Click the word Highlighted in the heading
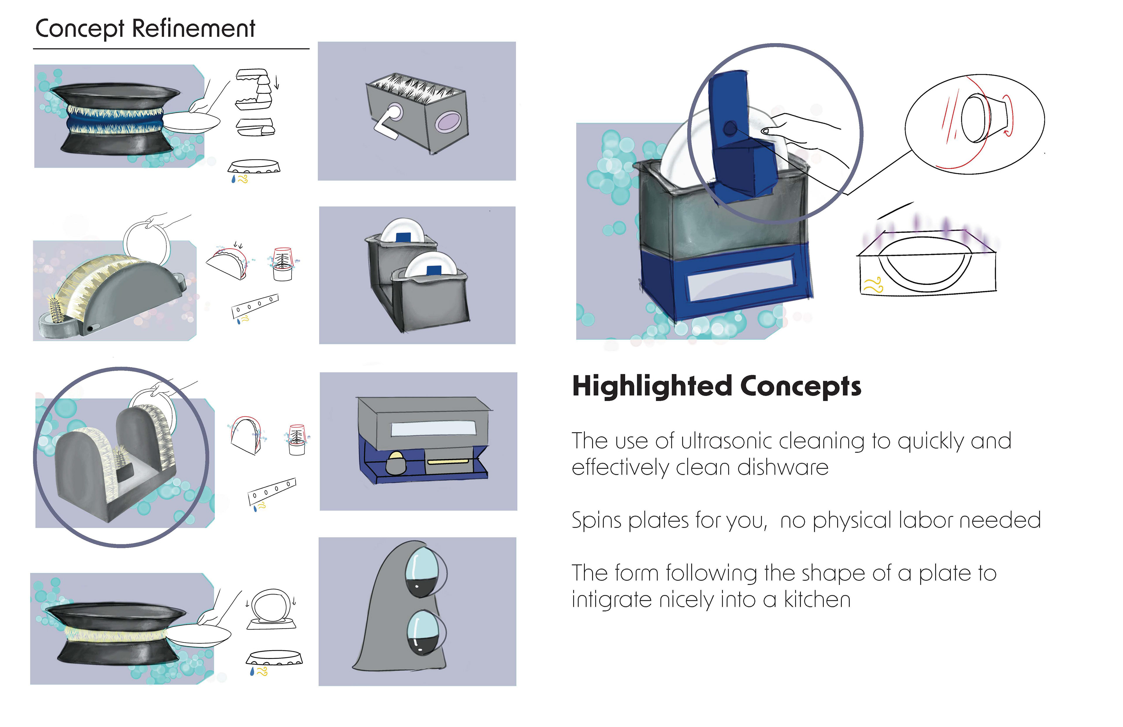(x=652, y=387)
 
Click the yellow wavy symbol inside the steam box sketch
(x=873, y=285)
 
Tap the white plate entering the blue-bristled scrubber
(x=194, y=122)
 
